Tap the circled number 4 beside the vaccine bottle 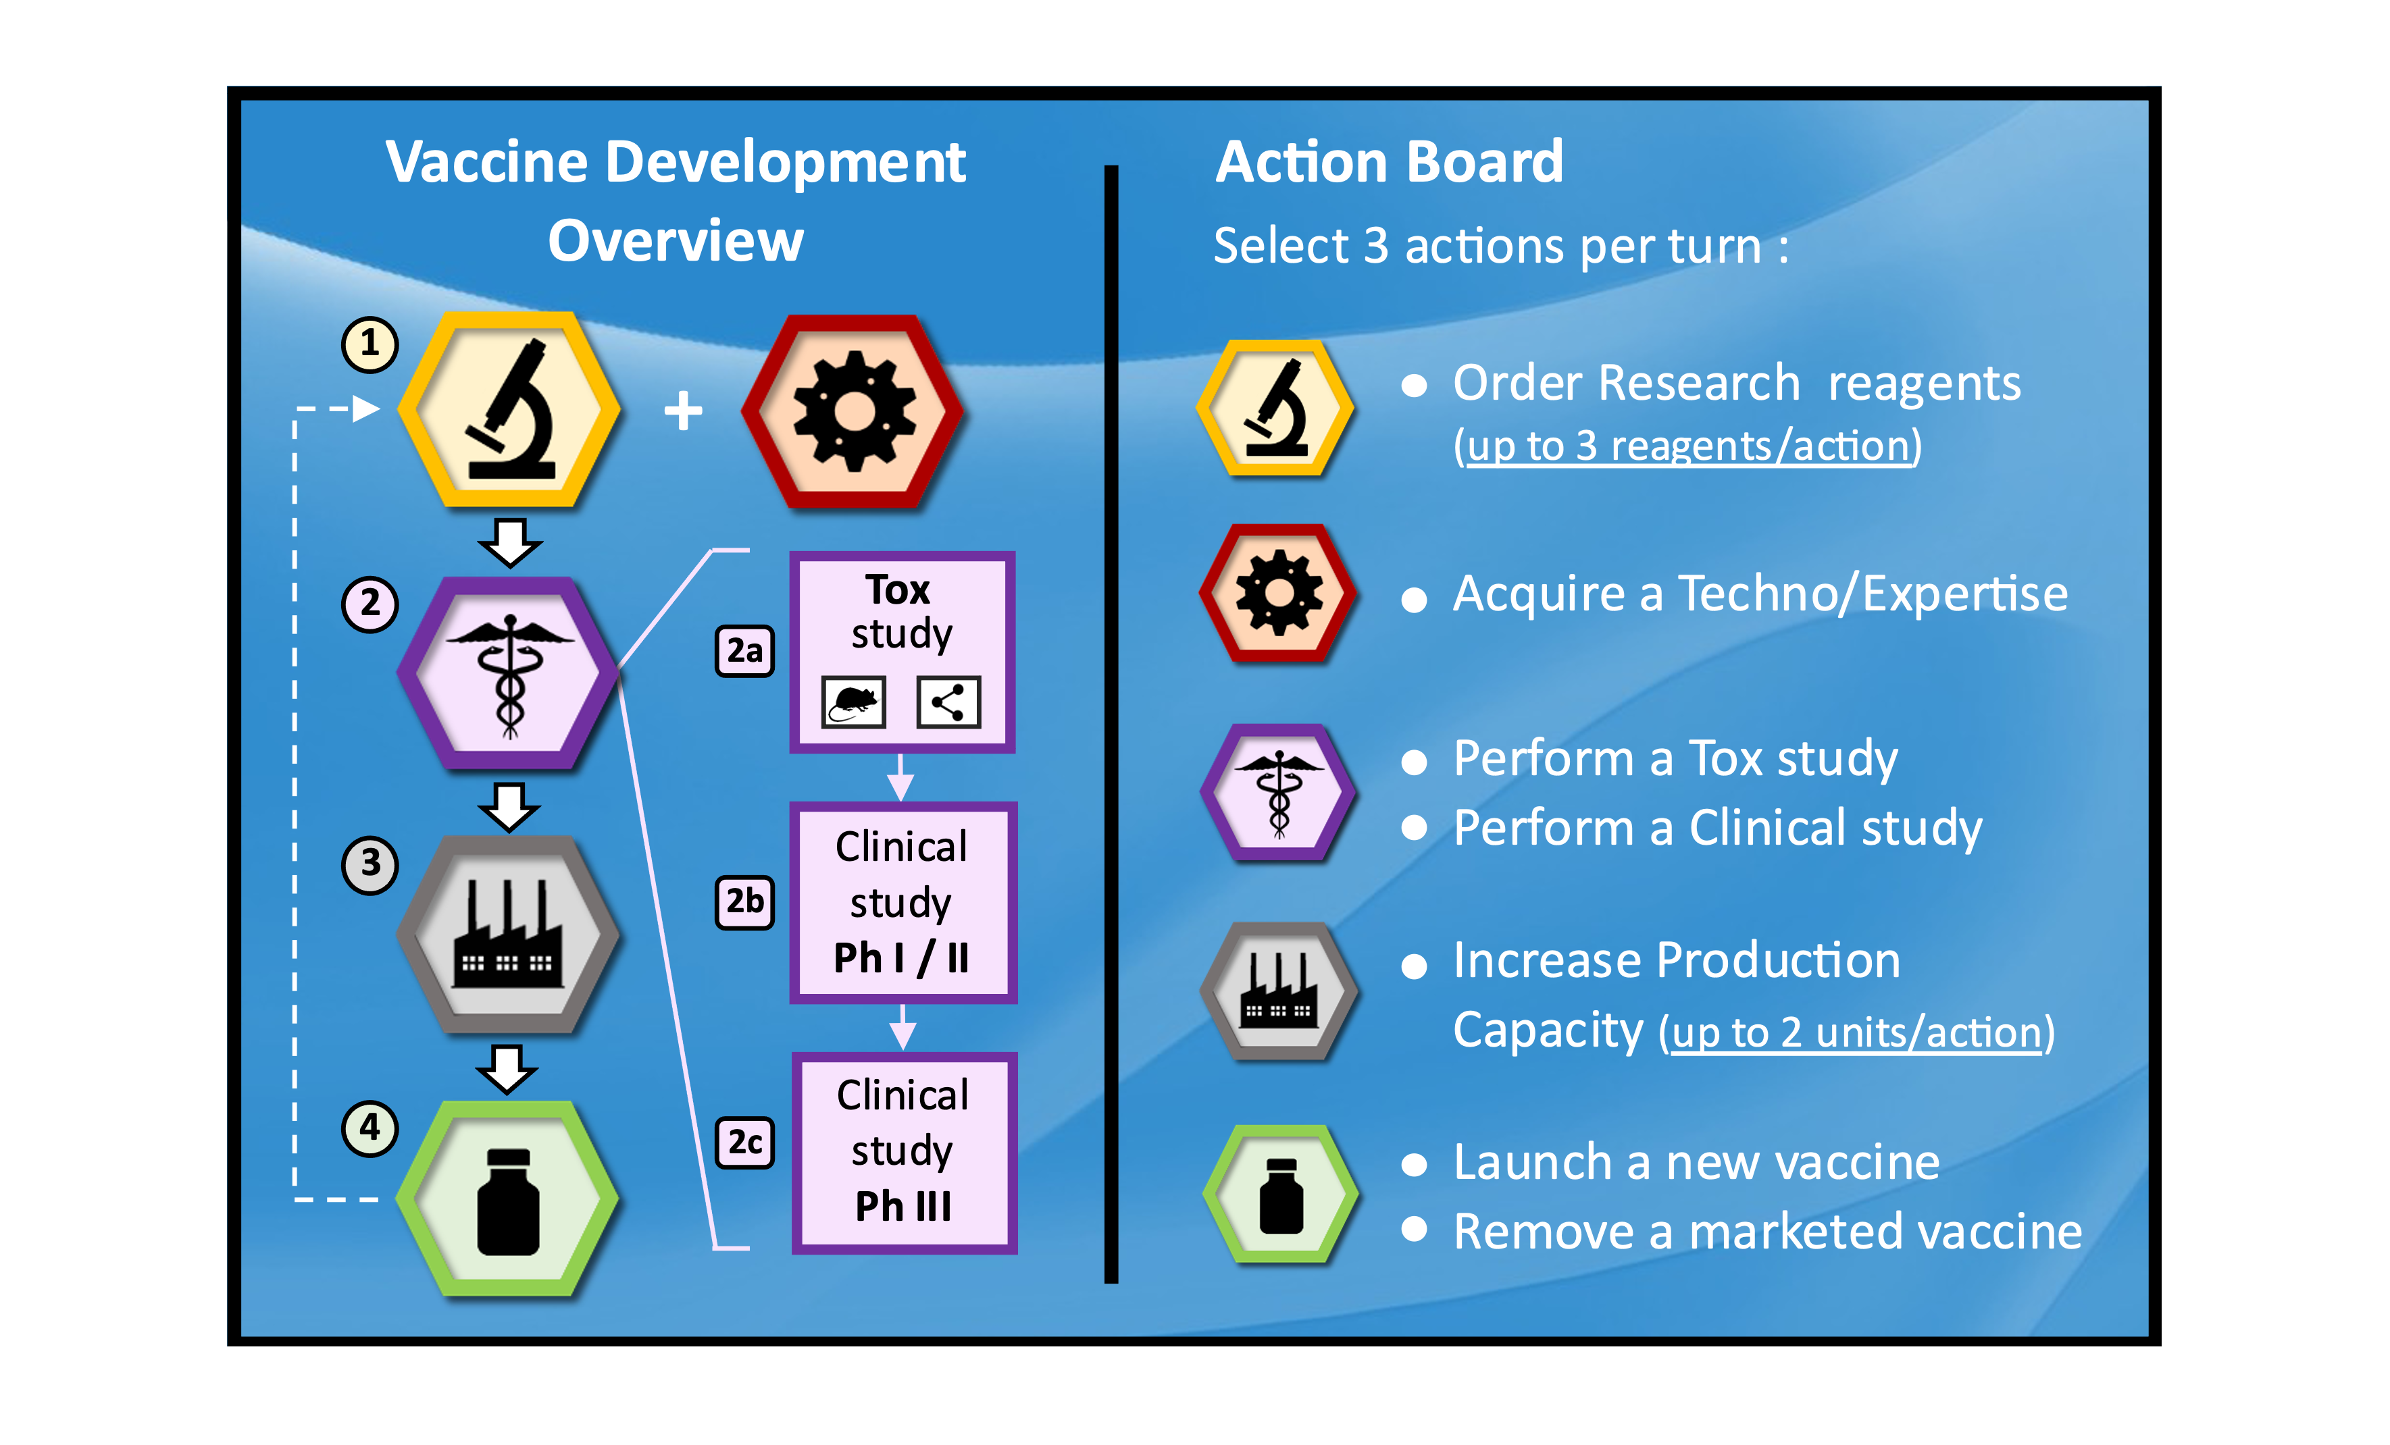(x=370, y=1128)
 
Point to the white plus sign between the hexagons (x=683, y=411)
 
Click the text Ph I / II (x=901, y=958)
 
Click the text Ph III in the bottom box (x=903, y=1207)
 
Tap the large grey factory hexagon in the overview (x=507, y=934)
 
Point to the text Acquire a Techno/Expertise (x=1760, y=594)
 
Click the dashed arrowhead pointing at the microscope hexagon (x=365, y=409)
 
